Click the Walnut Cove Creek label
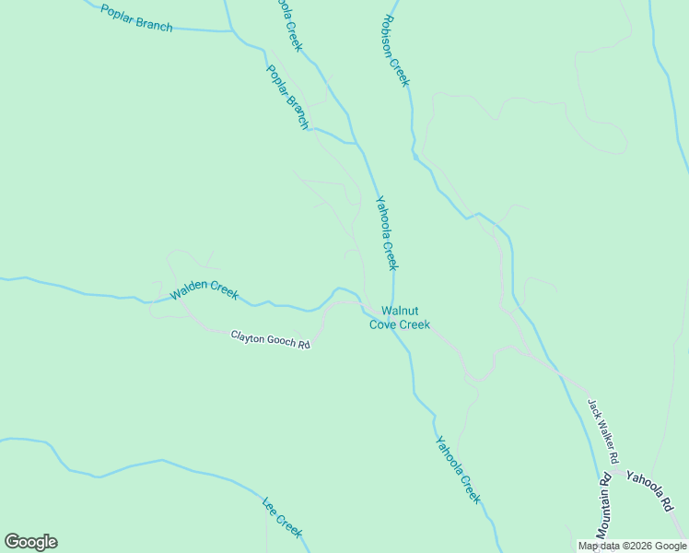coord(399,318)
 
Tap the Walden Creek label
coord(204,290)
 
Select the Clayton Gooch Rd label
coord(270,339)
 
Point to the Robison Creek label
coord(395,51)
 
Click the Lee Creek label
coord(282,516)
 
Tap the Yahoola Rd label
coord(651,489)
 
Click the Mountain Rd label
coord(603,507)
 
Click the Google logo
coord(30,542)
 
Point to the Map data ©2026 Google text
coord(632,546)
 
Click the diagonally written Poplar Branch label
coord(287,96)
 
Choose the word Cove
coord(384,324)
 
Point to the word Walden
coord(189,293)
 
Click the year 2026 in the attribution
coord(641,546)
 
